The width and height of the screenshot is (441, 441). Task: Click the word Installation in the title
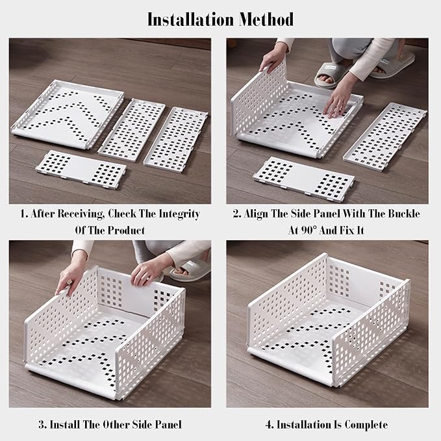pyautogui.click(x=190, y=19)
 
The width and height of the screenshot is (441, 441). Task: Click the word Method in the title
pyautogui.click(x=267, y=19)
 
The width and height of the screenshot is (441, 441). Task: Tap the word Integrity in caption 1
pyautogui.click(x=179, y=214)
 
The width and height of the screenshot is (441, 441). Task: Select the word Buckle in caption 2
pyautogui.click(x=404, y=214)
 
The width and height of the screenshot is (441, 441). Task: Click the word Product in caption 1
pyautogui.click(x=126, y=231)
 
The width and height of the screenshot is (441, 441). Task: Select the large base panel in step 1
pyautogui.click(x=68, y=114)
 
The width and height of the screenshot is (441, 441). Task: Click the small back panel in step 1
pyautogui.click(x=81, y=170)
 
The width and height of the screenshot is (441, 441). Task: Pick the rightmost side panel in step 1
pyautogui.click(x=175, y=140)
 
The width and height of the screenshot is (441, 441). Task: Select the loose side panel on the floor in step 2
pyautogui.click(x=385, y=136)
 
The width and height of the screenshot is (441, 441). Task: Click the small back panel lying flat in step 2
pyautogui.click(x=304, y=179)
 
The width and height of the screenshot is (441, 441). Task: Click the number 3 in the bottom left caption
pyautogui.click(x=42, y=425)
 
